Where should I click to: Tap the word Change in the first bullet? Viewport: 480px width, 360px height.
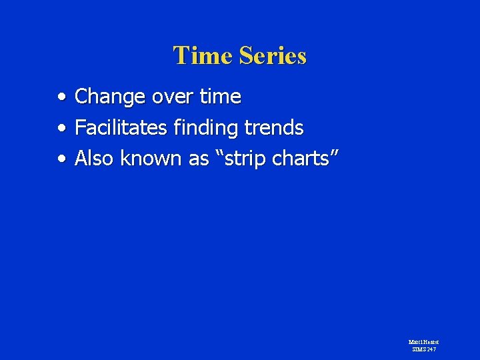tap(111, 97)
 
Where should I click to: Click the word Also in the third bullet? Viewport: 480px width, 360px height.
tap(94, 159)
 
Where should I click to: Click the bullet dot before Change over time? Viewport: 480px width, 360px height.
tap(61, 97)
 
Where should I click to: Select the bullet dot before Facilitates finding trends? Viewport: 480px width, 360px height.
tap(61, 127)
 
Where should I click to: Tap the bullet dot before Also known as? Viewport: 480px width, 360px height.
tap(61, 159)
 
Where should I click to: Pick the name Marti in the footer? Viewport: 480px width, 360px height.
tap(415, 342)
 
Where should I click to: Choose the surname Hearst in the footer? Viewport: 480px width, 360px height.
tap(431, 342)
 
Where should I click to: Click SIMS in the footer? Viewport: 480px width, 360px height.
tap(419, 349)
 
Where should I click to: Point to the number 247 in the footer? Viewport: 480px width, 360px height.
tap(433, 349)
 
